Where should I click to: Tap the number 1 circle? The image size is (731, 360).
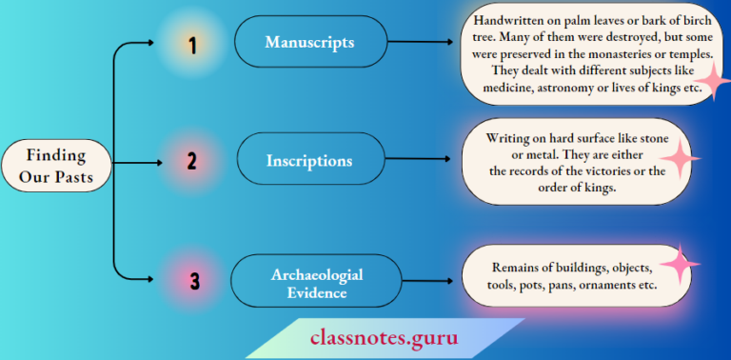[x=192, y=44]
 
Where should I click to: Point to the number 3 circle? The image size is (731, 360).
[x=194, y=281]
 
